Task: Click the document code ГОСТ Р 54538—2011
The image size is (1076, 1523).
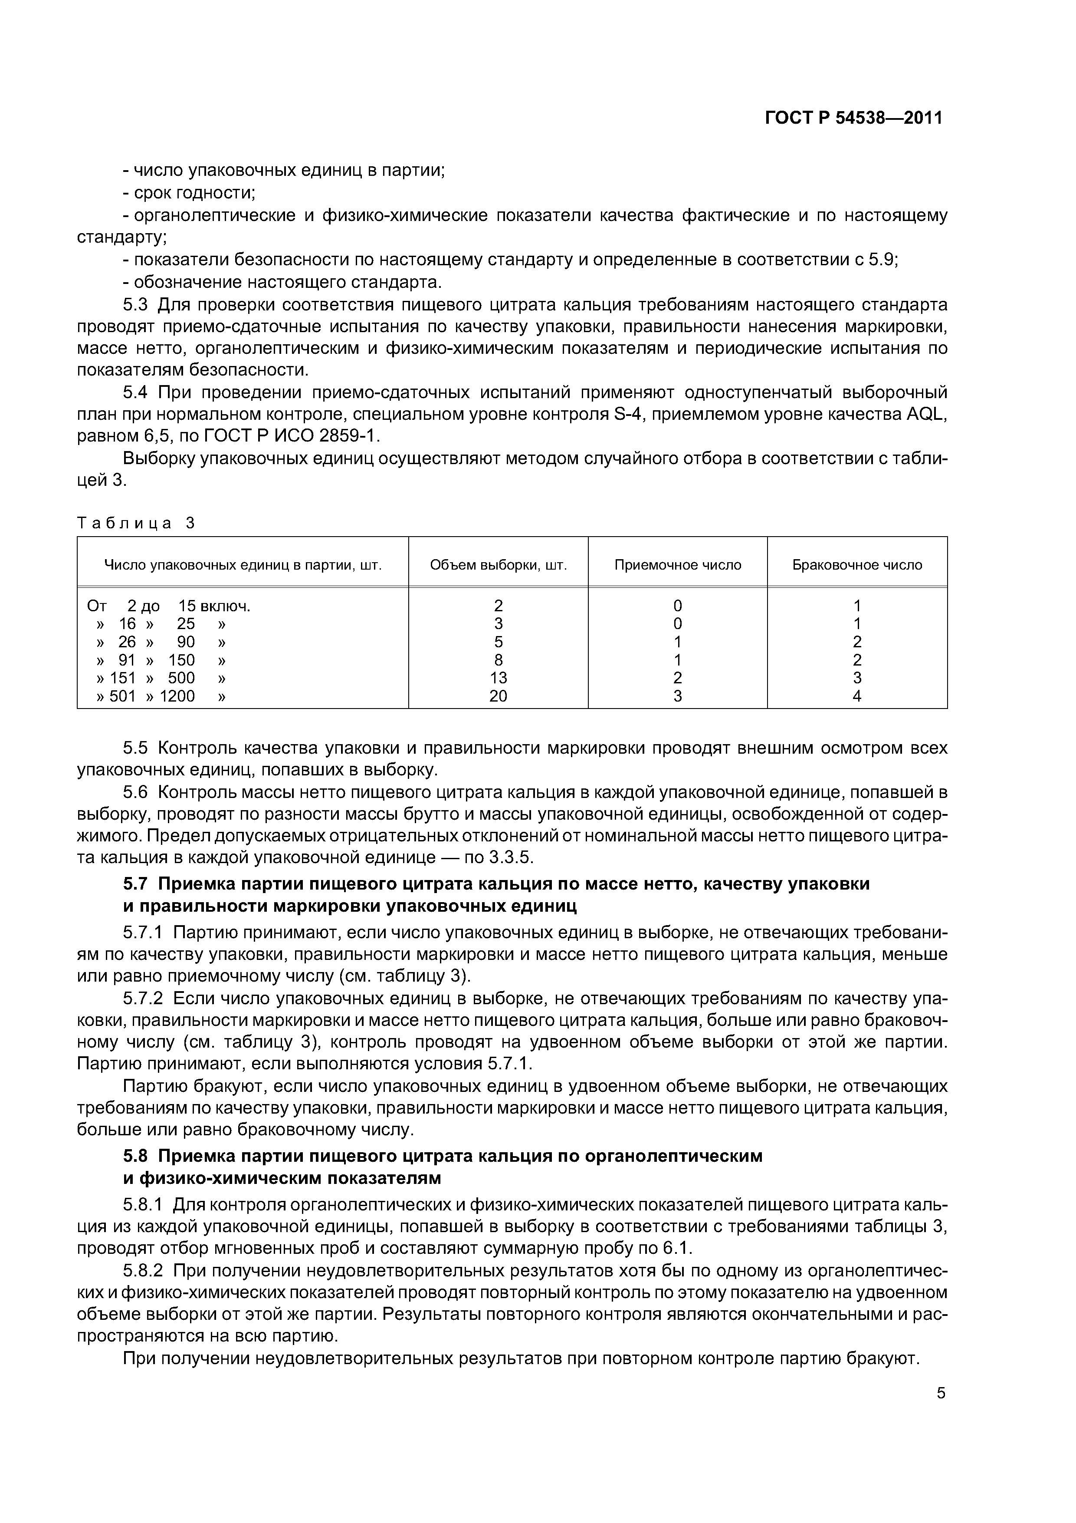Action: pos(853,118)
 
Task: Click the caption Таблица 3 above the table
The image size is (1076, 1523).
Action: pos(136,523)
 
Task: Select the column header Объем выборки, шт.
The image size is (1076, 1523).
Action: pos(498,565)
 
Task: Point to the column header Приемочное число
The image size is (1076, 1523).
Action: pos(678,565)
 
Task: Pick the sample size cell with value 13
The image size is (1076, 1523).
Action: pos(498,678)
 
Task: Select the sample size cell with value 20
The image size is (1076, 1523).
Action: pos(498,696)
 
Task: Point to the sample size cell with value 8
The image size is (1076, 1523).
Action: pos(498,660)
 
